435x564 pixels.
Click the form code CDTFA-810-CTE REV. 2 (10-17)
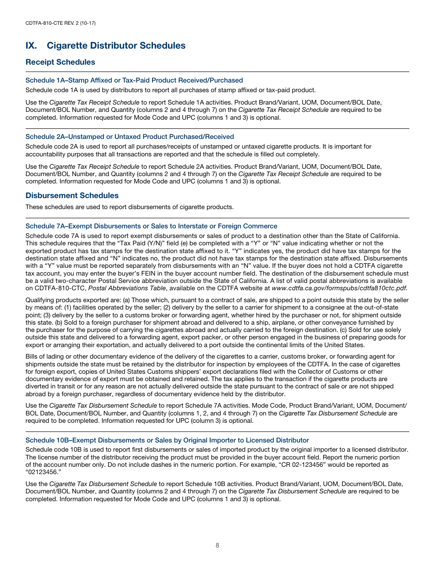click(60, 23)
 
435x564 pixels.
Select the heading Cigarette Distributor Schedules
click(116, 45)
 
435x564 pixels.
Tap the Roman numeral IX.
click(32, 45)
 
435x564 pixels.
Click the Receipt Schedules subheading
click(60, 62)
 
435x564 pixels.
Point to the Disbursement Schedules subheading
click(72, 195)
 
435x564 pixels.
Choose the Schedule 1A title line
click(134, 80)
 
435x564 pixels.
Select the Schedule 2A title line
click(130, 137)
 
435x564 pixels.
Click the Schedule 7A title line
click(151, 226)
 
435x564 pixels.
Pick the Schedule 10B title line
click(167, 440)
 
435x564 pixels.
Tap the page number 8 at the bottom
click(217, 545)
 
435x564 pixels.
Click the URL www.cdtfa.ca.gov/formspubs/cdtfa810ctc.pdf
click(339, 288)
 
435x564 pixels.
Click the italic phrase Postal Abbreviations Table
click(122, 288)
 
